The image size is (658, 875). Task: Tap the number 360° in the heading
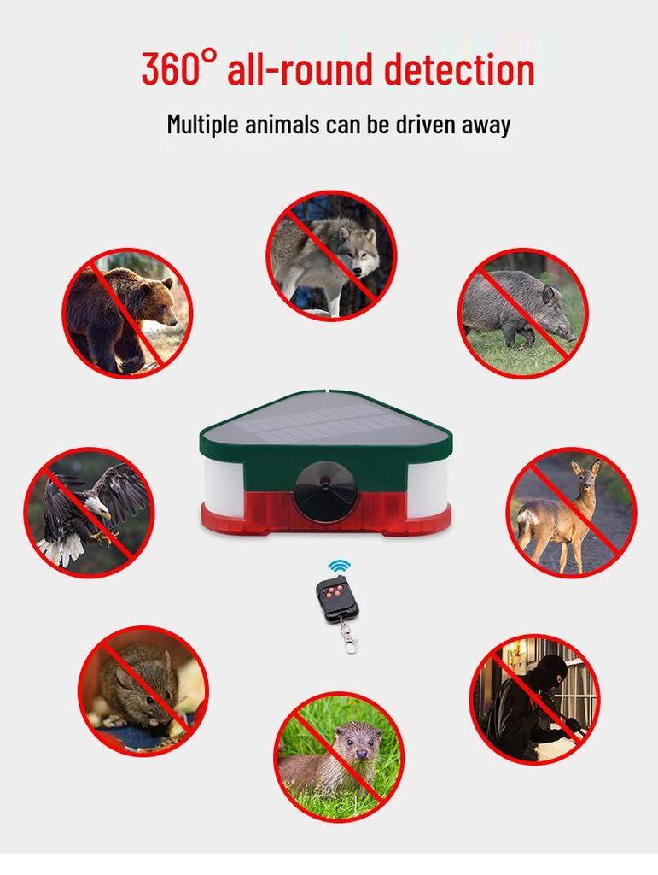point(178,68)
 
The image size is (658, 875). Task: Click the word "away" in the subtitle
point(486,126)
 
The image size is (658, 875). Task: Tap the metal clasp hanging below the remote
point(349,637)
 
